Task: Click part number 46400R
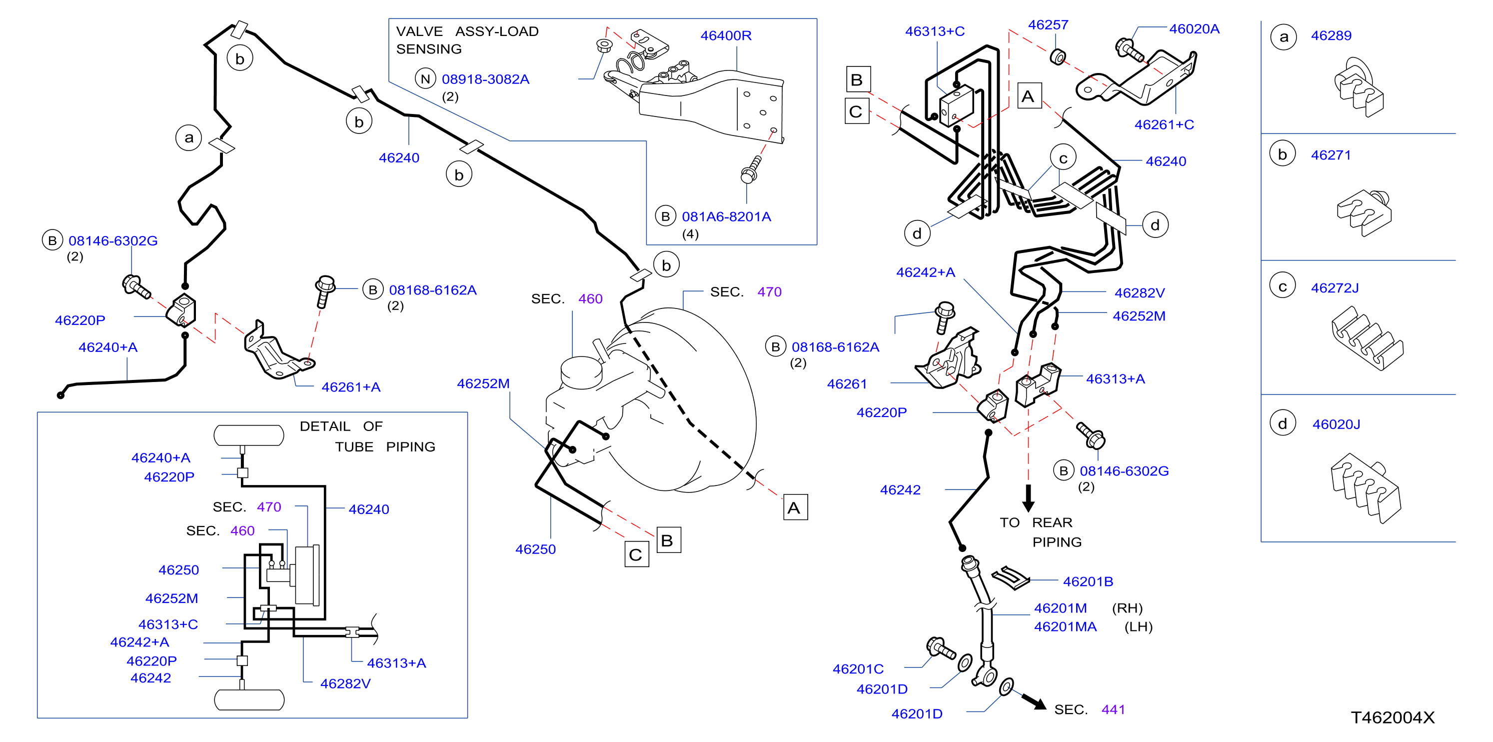click(726, 36)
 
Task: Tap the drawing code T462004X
click(1392, 717)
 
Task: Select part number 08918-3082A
click(485, 79)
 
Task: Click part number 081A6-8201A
click(726, 217)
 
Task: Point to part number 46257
click(1048, 25)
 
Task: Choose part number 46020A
click(1194, 29)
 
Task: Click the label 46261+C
click(1164, 124)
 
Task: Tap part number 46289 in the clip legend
click(1331, 36)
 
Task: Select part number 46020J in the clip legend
click(1336, 424)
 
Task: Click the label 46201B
click(1088, 581)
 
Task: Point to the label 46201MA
click(1065, 626)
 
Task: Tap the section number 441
click(1113, 709)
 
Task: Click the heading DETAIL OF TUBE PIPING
click(367, 436)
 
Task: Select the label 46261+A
click(351, 387)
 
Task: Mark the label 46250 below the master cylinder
click(535, 549)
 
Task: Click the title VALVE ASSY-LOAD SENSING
click(467, 40)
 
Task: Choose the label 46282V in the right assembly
click(1139, 293)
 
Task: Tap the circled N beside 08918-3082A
click(425, 79)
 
